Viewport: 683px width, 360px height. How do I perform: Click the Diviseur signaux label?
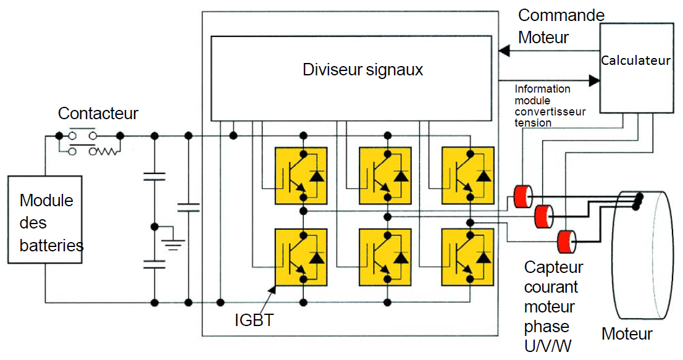coord(362,69)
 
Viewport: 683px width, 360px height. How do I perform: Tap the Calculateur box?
coord(635,68)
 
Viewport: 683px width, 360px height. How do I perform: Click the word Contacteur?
coord(98,113)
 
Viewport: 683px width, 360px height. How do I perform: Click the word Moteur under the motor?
coord(627,334)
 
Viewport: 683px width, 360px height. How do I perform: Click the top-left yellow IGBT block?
coord(301,175)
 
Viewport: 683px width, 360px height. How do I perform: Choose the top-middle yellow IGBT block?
coord(385,175)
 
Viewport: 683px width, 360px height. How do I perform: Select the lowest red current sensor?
coord(566,241)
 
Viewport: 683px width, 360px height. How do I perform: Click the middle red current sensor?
coord(544,216)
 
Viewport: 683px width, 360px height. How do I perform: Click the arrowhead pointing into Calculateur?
coord(595,80)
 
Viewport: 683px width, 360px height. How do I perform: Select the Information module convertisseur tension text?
coord(550,106)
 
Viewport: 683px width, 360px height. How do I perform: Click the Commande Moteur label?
coord(561,26)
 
